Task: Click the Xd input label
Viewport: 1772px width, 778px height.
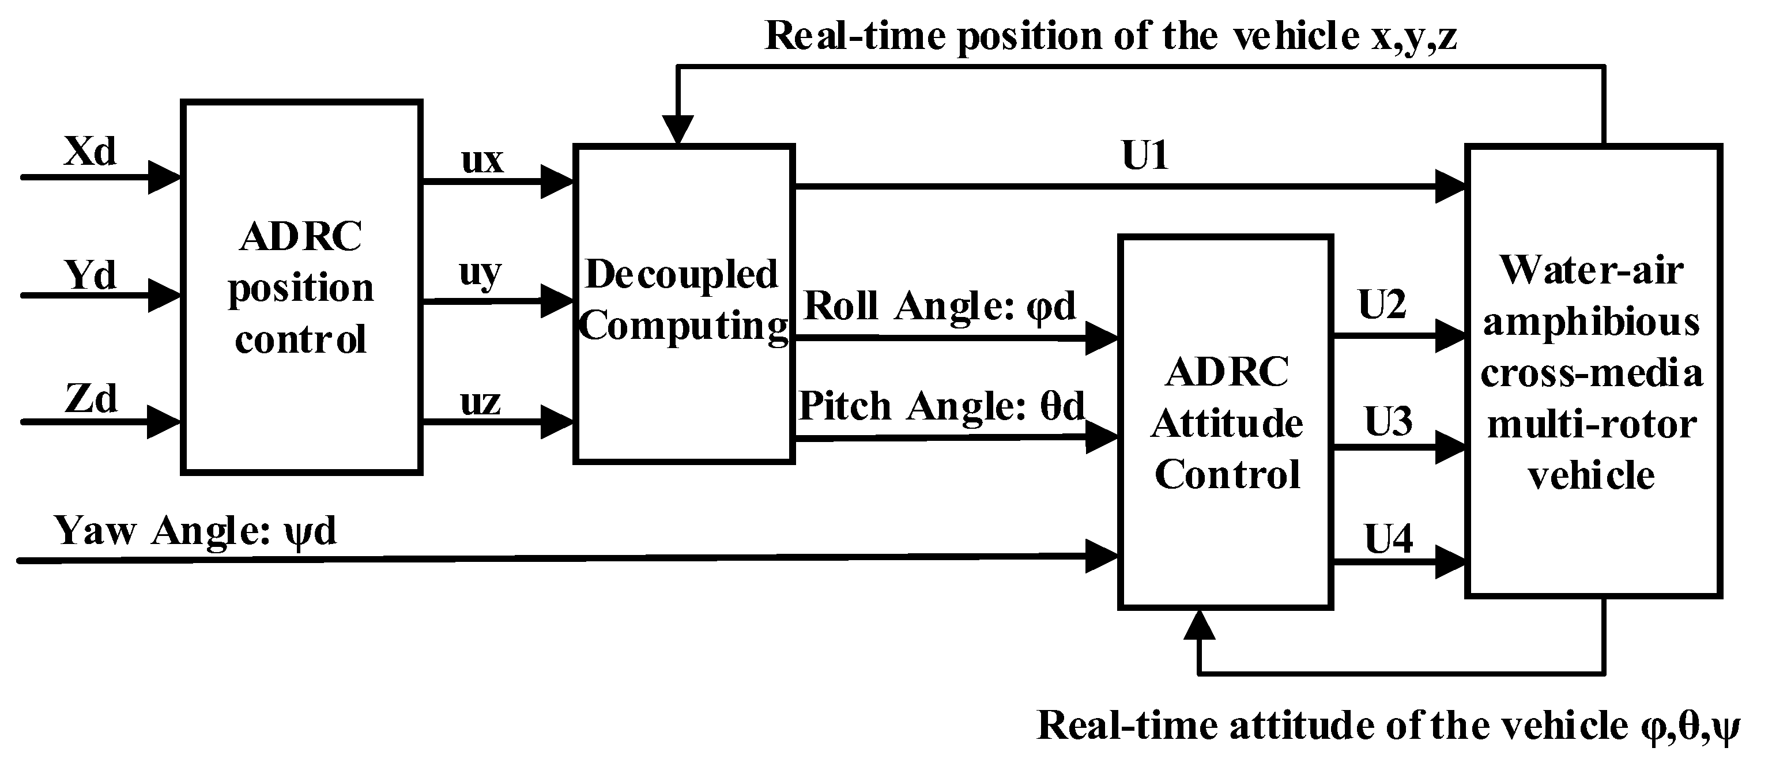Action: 89,152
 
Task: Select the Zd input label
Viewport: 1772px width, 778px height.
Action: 91,398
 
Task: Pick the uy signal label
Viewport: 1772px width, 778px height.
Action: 480,273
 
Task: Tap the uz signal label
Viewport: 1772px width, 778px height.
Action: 480,401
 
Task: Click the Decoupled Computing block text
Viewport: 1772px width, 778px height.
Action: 683,300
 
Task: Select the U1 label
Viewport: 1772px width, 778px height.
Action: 1145,156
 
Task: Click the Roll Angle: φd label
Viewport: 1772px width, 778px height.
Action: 940,305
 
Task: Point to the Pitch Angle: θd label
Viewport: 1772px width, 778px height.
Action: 941,406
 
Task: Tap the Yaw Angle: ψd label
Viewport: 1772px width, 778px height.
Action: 195,531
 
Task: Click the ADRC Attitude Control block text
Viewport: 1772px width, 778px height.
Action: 1227,423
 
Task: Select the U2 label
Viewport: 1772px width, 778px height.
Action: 1381,304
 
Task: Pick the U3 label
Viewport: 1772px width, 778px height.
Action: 1388,421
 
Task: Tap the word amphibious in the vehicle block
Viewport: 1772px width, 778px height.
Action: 1590,323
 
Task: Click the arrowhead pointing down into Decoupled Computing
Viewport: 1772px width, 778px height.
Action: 677,129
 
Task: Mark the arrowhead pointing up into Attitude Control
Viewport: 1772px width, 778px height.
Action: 1199,626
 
